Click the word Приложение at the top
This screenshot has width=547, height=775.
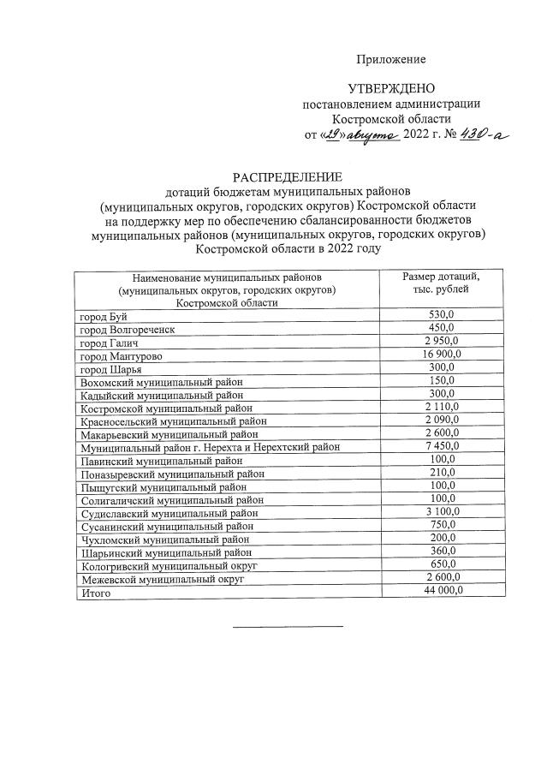[x=391, y=59]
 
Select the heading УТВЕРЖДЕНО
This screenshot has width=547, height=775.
[x=391, y=89]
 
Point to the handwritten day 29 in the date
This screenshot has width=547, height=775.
[x=333, y=134]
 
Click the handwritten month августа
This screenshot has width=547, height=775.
[x=372, y=135]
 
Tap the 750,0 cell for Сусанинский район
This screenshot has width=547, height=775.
[x=442, y=525]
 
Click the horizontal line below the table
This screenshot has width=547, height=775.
[x=288, y=627]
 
